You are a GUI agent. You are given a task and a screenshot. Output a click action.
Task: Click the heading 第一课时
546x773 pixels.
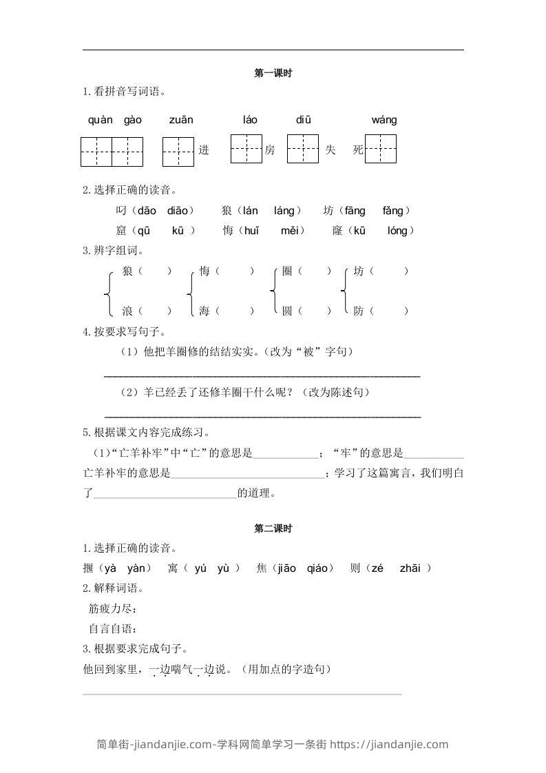273,73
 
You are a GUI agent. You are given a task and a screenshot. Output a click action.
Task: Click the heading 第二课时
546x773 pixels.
273,529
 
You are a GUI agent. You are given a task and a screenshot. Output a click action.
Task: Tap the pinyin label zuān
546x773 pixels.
181,120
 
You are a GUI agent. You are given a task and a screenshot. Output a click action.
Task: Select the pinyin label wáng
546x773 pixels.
384,120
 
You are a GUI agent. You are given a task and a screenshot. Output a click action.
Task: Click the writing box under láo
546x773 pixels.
246,149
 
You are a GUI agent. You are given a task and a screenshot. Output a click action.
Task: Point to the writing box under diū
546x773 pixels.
302,149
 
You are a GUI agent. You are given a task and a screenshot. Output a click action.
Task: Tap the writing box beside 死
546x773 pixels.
381,149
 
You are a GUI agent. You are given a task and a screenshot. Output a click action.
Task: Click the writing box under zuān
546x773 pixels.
178,152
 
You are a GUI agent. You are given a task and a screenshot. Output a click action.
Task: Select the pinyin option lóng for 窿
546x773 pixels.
397,231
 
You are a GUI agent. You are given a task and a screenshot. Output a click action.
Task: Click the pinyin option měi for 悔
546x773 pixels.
289,231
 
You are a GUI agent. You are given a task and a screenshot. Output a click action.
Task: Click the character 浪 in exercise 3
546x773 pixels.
127,311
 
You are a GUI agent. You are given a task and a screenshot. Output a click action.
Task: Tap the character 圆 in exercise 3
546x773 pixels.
287,311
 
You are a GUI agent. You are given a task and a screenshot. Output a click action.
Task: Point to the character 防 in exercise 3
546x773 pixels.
359,311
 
